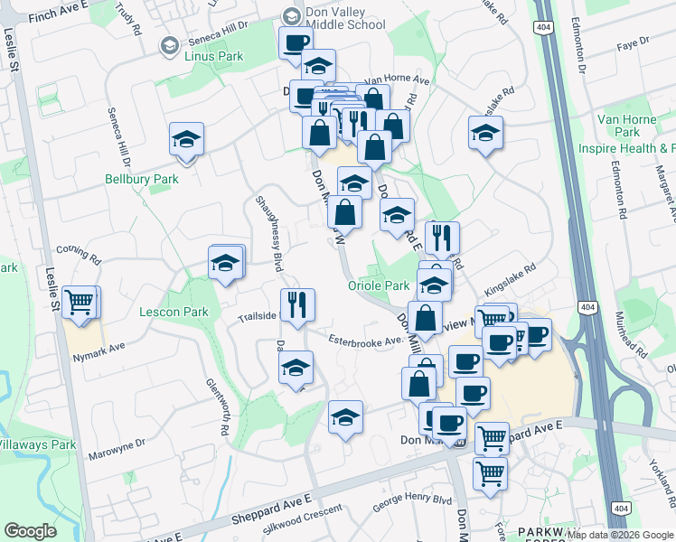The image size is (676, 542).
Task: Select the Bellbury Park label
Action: coord(142,179)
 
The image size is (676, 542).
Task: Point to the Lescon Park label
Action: coord(174,313)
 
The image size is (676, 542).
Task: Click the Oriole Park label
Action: coord(379,285)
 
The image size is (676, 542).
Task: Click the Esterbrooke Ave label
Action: coord(363,341)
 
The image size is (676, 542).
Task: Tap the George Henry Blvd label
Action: coord(412,500)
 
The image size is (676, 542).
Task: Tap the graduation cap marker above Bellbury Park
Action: coord(186,139)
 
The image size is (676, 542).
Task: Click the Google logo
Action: coord(30,531)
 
